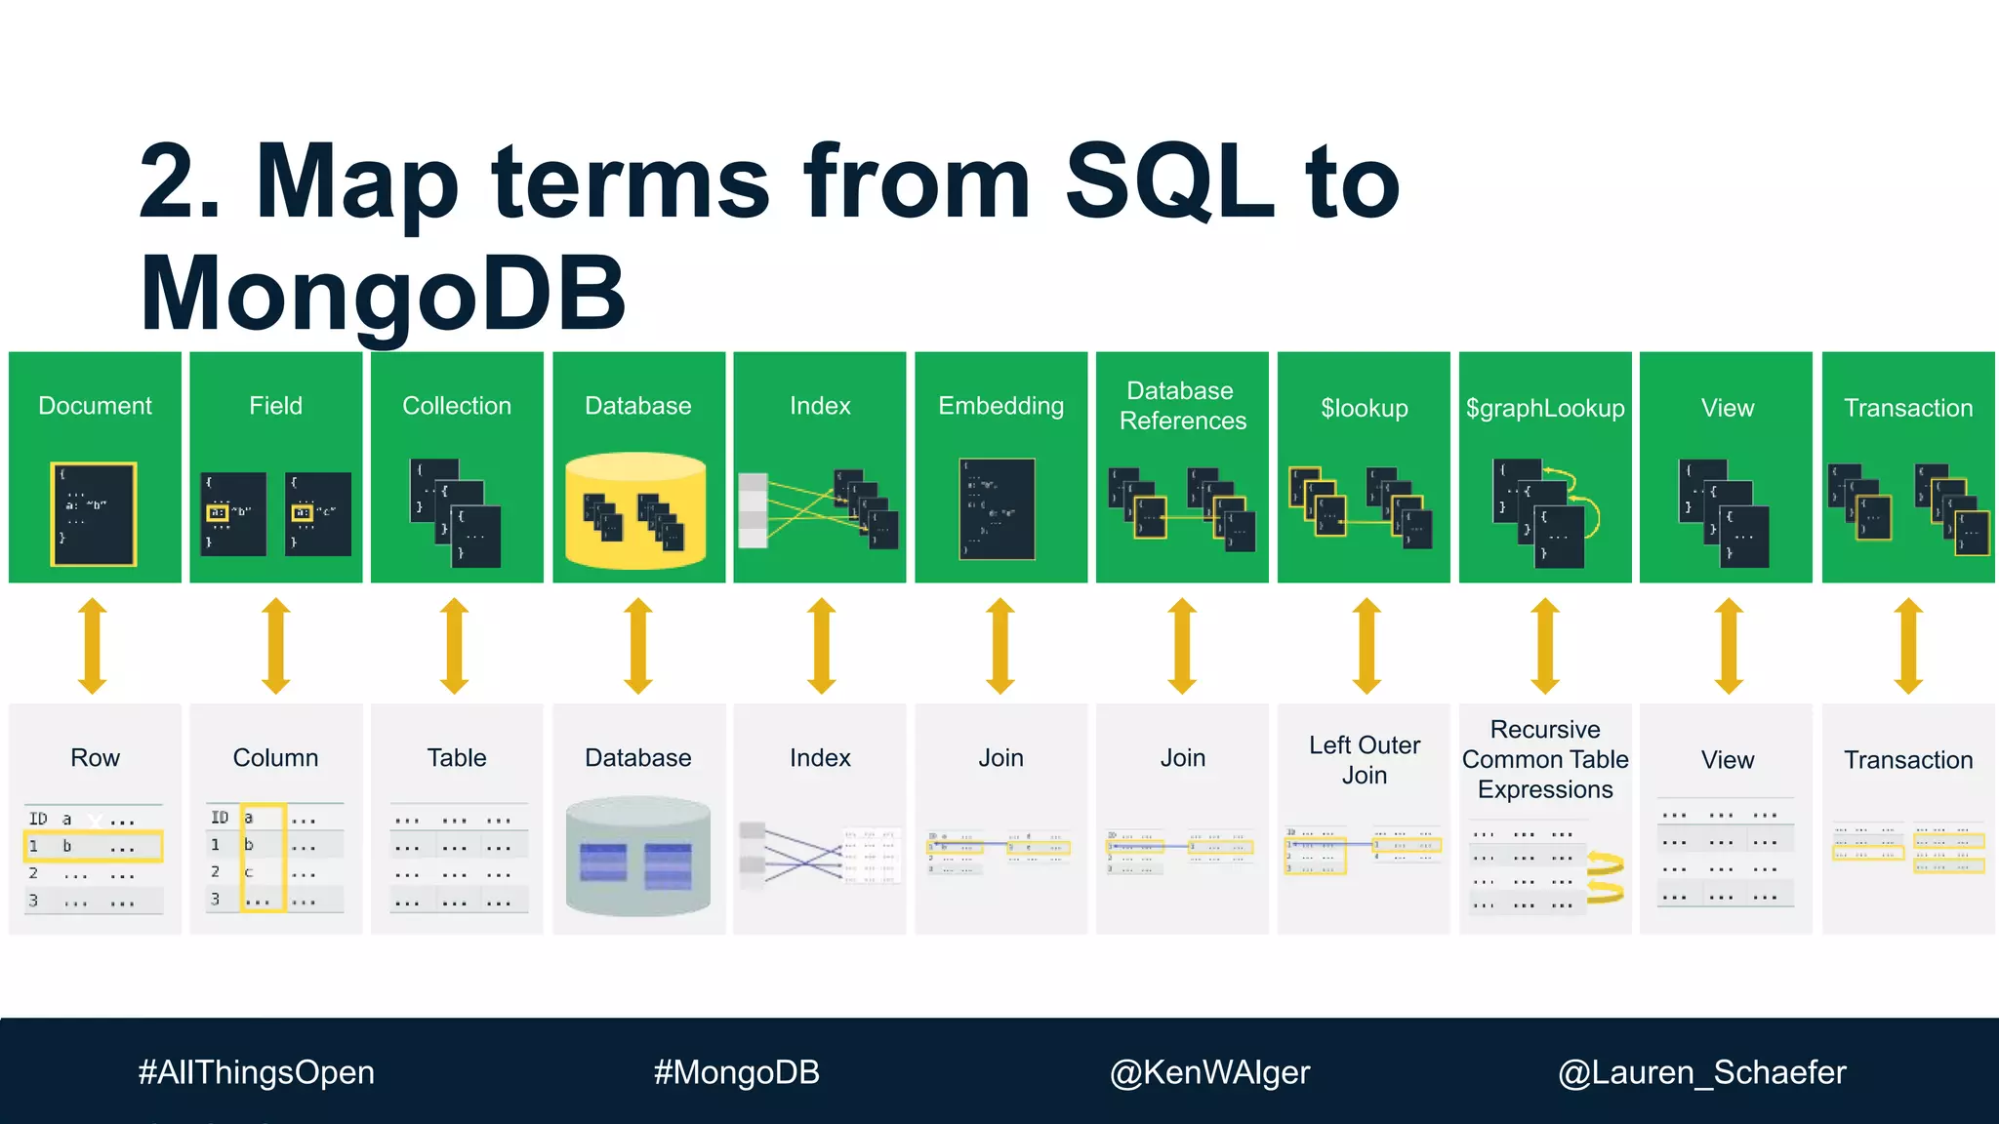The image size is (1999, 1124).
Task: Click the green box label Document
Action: click(95, 406)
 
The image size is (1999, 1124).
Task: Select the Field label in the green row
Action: click(275, 406)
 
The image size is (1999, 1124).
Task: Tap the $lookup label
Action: click(1364, 408)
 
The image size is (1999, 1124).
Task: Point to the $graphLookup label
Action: click(1545, 408)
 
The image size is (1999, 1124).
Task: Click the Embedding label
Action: click(1000, 406)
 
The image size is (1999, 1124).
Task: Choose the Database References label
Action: click(1182, 406)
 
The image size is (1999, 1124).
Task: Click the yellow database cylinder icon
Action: click(636, 509)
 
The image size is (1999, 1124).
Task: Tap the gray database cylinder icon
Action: click(638, 857)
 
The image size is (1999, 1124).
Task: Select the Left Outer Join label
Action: click(1364, 760)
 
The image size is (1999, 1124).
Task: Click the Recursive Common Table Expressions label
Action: click(1545, 759)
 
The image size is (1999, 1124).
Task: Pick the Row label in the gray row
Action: click(95, 758)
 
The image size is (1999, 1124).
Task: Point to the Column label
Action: click(275, 758)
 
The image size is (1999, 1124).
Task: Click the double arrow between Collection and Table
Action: click(455, 645)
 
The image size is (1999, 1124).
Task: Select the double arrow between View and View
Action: click(1728, 645)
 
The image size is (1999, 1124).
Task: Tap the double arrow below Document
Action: click(93, 645)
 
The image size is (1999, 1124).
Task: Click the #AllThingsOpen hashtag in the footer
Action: click(256, 1072)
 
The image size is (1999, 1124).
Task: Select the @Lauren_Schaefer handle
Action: click(1701, 1072)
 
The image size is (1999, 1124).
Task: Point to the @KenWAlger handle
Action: click(1209, 1072)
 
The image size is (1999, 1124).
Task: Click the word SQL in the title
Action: click(1169, 181)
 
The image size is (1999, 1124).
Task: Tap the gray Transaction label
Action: click(1908, 760)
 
